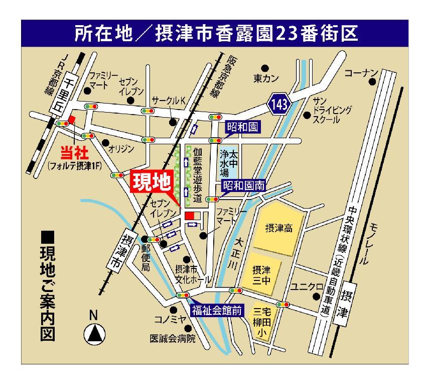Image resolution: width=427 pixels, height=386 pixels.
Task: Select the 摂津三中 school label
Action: [261, 274]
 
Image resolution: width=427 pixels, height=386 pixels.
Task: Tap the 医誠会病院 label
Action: [172, 338]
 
